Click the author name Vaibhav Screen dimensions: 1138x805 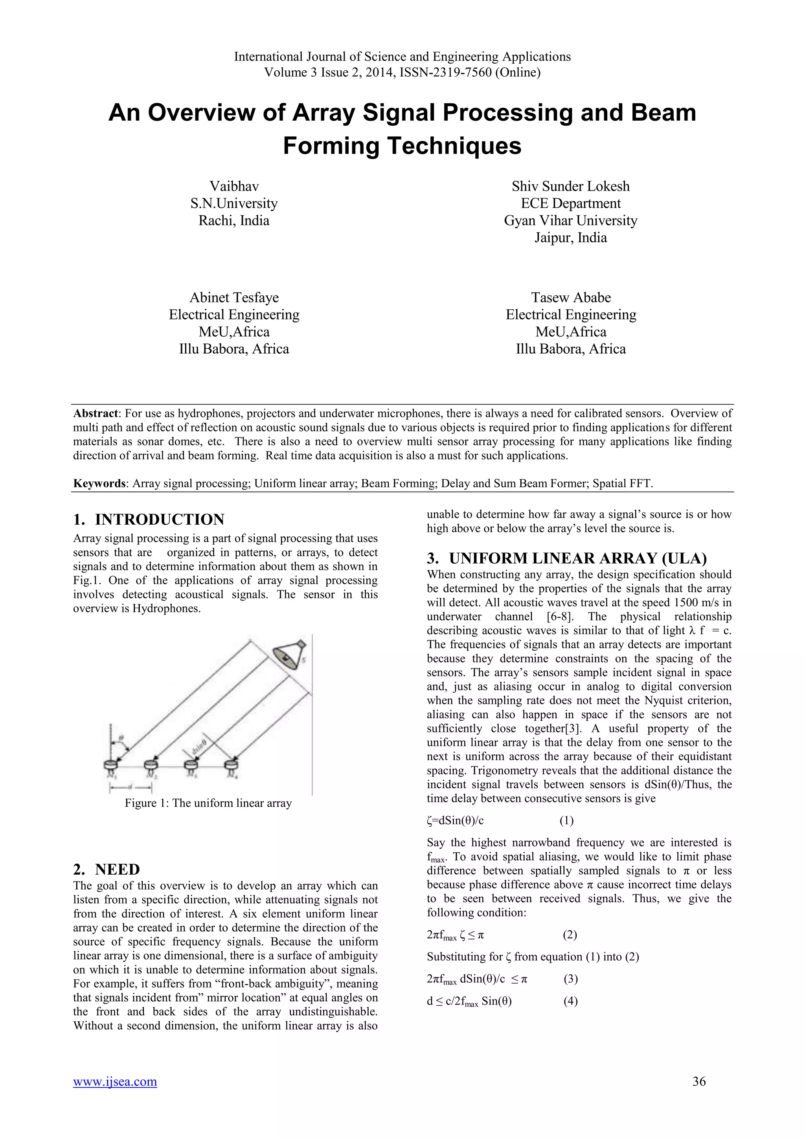coord(234,186)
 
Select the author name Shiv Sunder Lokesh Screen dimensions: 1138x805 coord(571,186)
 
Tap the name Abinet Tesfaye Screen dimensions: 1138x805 coord(234,297)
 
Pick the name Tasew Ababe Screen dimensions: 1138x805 coord(571,297)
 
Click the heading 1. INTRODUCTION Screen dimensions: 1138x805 coord(149,519)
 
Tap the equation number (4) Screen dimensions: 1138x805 coord(571,1001)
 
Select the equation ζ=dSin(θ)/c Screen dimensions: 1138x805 coord(455,820)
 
